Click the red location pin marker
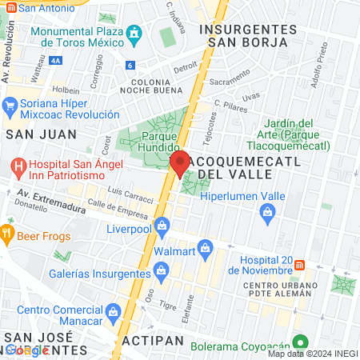pyautogui.click(x=181, y=163)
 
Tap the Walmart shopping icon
pyautogui.click(x=206, y=248)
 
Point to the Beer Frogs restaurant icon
pyautogui.click(x=7, y=234)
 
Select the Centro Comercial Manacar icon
pyautogui.click(x=112, y=310)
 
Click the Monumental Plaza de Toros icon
pyautogui.click(x=134, y=33)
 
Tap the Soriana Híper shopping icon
pyautogui.click(x=10, y=106)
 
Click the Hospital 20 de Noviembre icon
pyautogui.click(x=300, y=264)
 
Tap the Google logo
pyautogui.click(x=26, y=350)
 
